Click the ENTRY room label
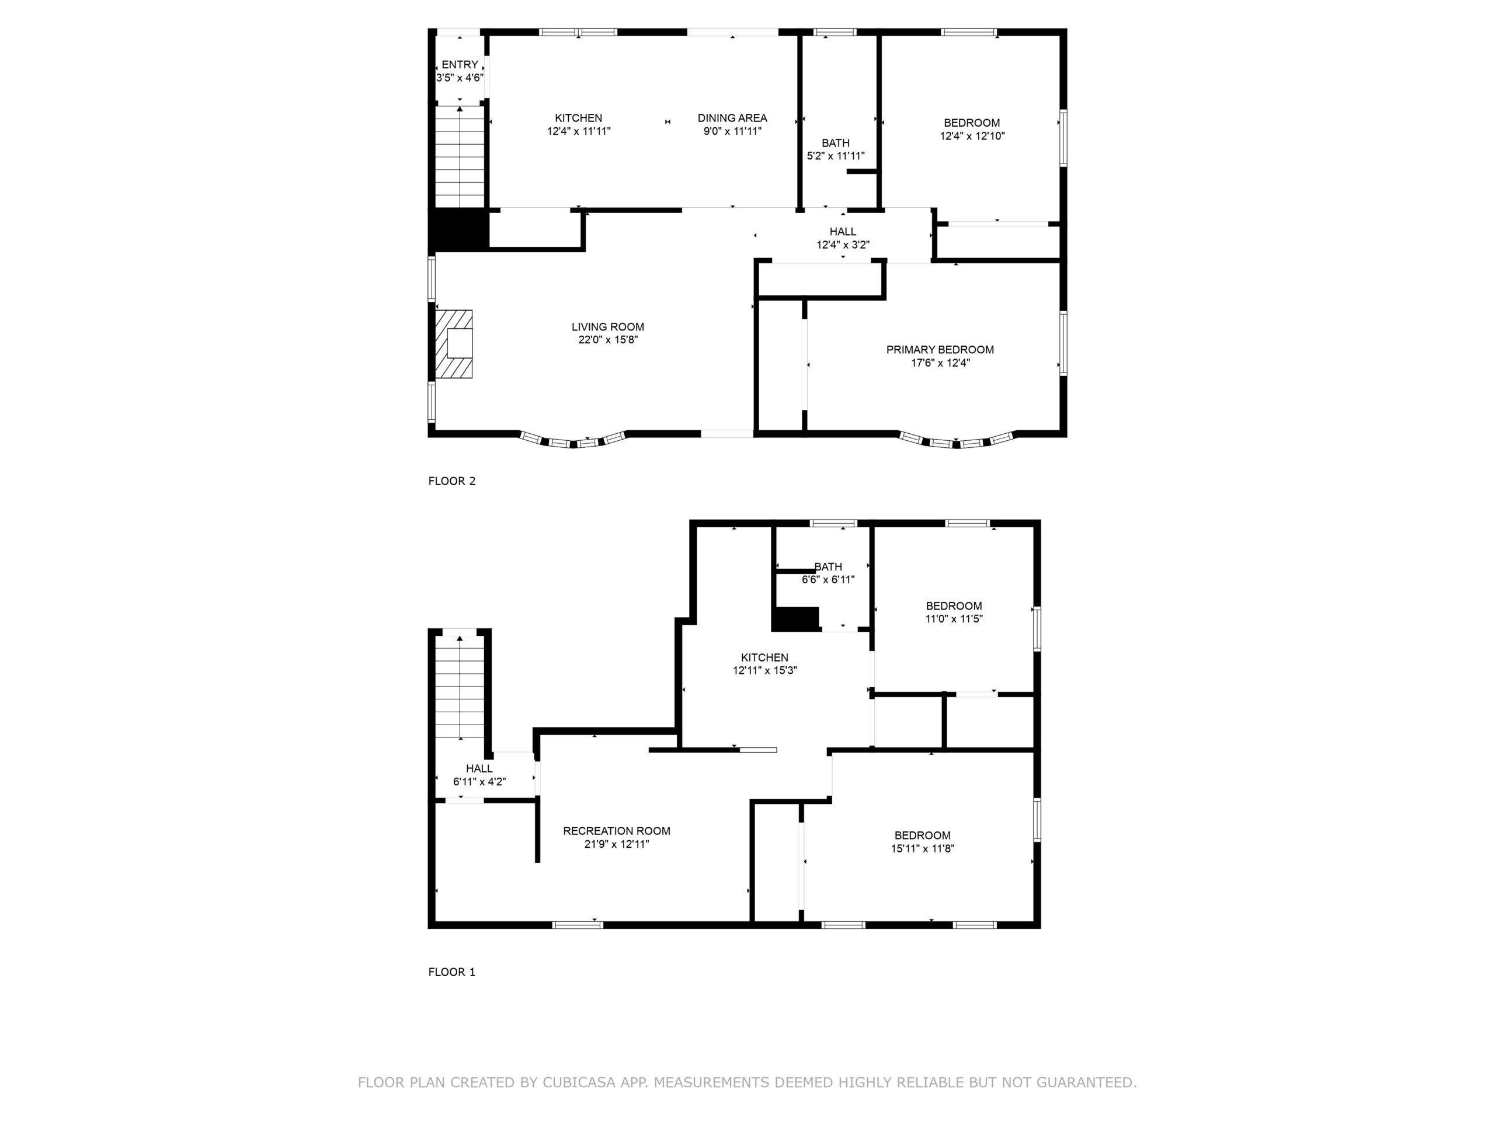point(460,65)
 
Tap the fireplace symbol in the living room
point(454,344)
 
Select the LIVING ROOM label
point(607,327)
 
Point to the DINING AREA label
point(732,119)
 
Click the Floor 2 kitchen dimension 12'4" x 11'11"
point(579,131)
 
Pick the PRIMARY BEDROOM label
point(940,349)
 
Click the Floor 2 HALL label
point(843,232)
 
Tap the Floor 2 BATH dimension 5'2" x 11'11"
point(835,156)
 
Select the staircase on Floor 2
point(460,156)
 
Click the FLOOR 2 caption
point(451,481)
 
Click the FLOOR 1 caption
point(451,972)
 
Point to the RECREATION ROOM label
point(616,831)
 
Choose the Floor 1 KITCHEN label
point(764,657)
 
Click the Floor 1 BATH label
point(828,567)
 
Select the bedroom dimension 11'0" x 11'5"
point(954,618)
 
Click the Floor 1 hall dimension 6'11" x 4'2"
point(479,782)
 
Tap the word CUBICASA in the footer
point(579,1082)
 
